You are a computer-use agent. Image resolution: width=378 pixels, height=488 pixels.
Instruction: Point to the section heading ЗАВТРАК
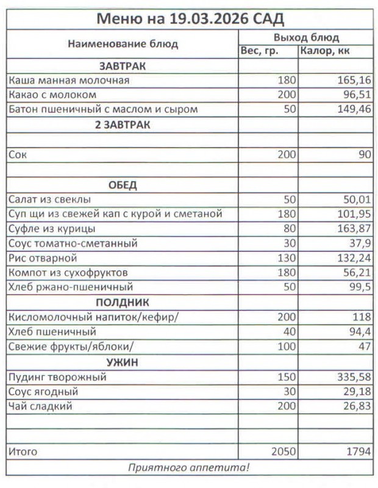(x=123, y=66)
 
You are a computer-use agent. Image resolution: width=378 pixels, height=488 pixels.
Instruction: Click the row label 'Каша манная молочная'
(x=69, y=81)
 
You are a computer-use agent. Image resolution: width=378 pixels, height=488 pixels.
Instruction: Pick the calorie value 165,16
(x=354, y=81)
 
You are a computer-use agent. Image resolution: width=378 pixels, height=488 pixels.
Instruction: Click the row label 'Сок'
(x=18, y=155)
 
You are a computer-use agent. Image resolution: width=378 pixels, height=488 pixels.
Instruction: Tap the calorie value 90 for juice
(x=365, y=155)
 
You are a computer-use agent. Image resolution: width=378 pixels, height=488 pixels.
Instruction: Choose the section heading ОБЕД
(x=123, y=185)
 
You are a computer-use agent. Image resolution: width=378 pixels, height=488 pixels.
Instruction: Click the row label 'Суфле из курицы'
(x=52, y=229)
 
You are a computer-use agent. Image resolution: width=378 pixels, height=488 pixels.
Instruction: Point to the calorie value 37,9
(x=359, y=243)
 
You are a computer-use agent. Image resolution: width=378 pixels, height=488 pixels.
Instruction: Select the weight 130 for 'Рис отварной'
(x=286, y=258)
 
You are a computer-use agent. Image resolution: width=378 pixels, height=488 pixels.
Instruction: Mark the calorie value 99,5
(x=359, y=287)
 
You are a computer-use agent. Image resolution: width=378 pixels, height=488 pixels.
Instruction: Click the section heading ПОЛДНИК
(x=123, y=303)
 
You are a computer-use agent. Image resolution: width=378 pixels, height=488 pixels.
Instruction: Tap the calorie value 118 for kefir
(x=362, y=317)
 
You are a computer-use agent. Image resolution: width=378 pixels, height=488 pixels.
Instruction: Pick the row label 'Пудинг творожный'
(x=57, y=377)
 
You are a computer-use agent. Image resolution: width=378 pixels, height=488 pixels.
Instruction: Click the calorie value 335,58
(x=354, y=377)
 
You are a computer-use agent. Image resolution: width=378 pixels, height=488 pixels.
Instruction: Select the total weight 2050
(x=283, y=452)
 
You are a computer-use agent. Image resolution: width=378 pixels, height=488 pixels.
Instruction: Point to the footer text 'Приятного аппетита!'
(x=189, y=468)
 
